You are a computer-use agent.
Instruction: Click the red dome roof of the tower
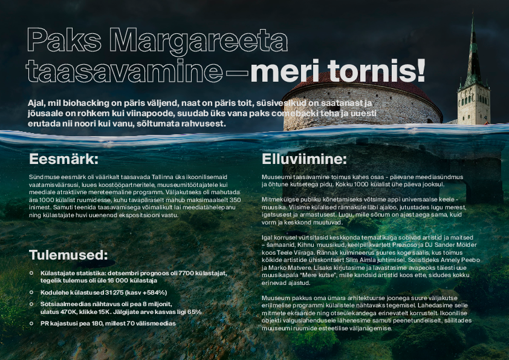pyautogui.click(x=363, y=85)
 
